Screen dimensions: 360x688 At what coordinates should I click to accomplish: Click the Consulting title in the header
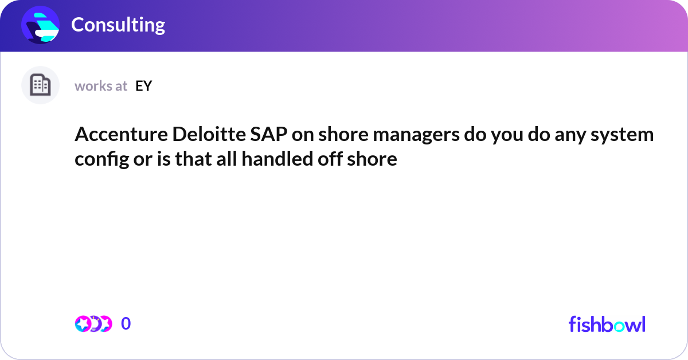coord(118,25)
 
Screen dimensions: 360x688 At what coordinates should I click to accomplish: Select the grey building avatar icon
coord(40,85)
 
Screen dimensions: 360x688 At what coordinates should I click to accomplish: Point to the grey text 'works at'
coord(101,86)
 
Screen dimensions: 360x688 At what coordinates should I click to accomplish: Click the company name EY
coord(143,86)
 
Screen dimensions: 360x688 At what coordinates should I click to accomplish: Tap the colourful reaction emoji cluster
coord(93,324)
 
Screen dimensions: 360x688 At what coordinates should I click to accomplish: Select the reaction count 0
coord(126,324)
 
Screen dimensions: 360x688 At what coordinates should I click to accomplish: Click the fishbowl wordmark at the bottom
coord(607,324)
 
